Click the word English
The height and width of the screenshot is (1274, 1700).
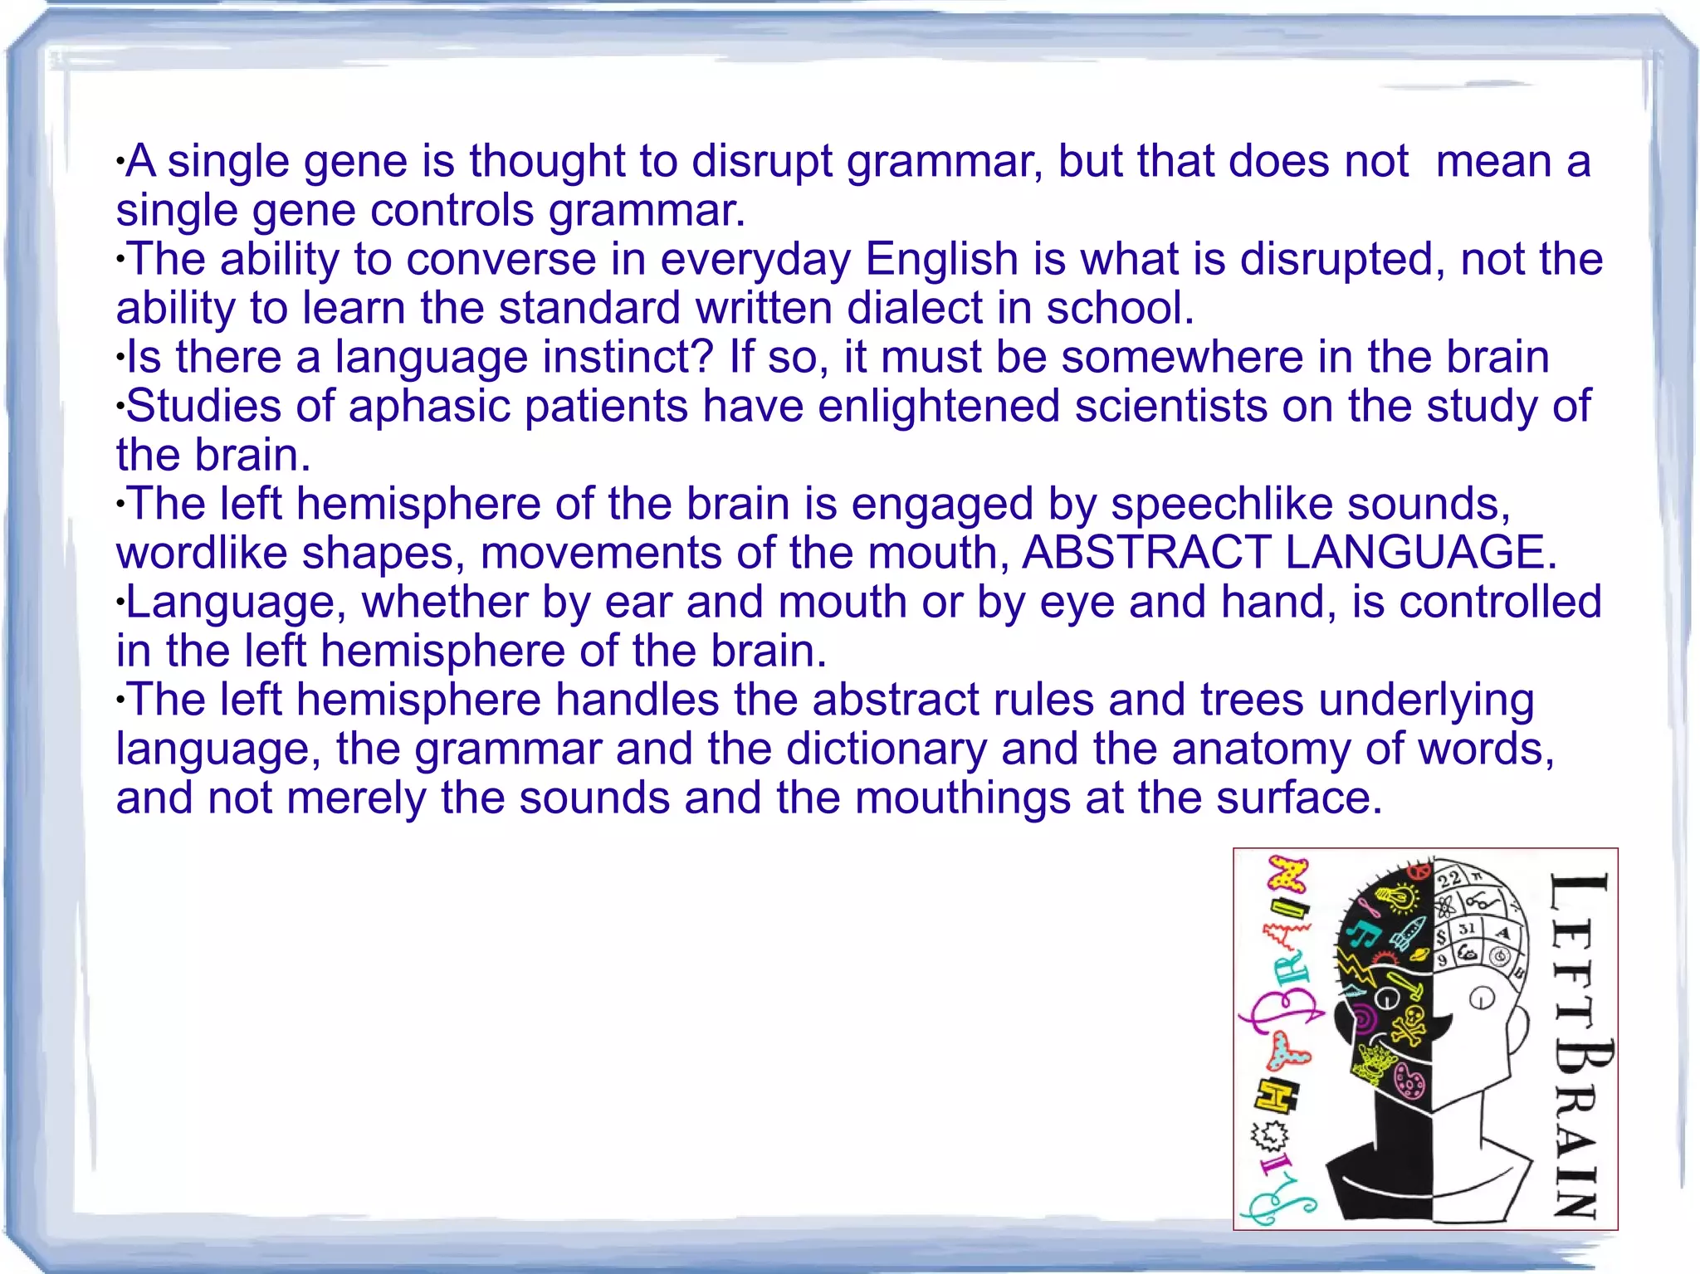tap(941, 259)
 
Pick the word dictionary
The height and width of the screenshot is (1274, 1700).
tap(886, 749)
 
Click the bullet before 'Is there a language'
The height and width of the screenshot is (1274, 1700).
tap(120, 359)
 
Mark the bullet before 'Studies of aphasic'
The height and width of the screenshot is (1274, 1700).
tap(120, 408)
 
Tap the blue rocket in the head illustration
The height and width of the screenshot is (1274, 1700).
tap(1408, 934)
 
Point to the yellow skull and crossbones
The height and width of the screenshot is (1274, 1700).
tap(1409, 1023)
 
